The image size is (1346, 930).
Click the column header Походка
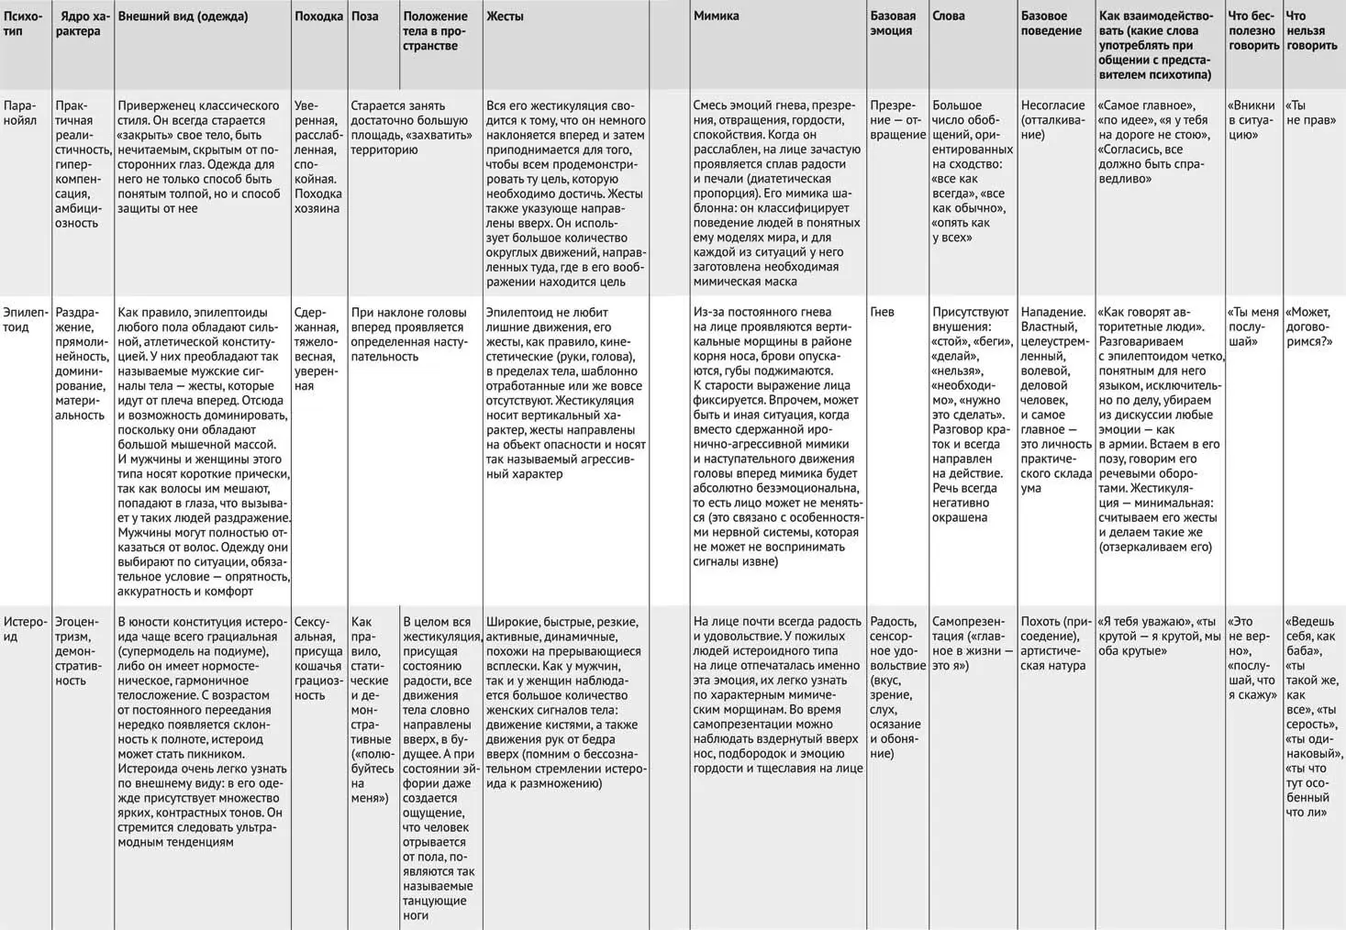tap(318, 17)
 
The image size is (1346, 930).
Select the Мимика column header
tap(716, 17)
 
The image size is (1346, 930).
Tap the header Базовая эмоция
tap(893, 24)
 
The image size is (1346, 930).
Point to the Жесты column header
tap(505, 17)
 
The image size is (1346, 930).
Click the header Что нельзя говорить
tap(1311, 31)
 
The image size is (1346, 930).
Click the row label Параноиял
tap(21, 113)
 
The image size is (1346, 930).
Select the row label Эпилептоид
tap(23, 319)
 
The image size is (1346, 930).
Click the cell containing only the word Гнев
tap(882, 312)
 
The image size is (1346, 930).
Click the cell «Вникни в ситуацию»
tap(1251, 120)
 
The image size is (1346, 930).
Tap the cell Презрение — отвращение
tap(897, 120)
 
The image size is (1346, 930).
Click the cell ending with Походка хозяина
tap(318, 157)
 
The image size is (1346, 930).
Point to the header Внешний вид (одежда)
tap(183, 17)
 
